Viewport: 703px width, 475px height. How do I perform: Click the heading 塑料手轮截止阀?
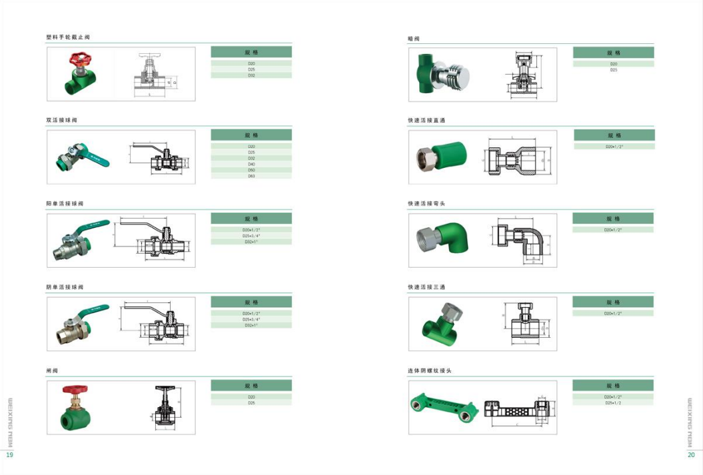pyautogui.click(x=68, y=37)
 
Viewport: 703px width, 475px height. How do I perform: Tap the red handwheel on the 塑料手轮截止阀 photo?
pyautogui.click(x=77, y=60)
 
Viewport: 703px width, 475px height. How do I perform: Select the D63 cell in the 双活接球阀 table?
pyautogui.click(x=251, y=176)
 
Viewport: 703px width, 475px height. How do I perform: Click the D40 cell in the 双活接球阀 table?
pyautogui.click(x=251, y=164)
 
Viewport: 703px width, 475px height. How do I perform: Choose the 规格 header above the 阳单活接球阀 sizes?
pyautogui.click(x=251, y=219)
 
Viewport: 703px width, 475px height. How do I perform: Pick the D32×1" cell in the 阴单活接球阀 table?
pyautogui.click(x=251, y=325)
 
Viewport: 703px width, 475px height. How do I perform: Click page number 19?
pyautogui.click(x=9, y=454)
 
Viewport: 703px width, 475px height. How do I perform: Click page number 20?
pyautogui.click(x=692, y=454)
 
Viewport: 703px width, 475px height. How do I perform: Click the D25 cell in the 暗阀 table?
pyautogui.click(x=613, y=70)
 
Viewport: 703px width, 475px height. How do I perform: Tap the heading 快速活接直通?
pyautogui.click(x=426, y=121)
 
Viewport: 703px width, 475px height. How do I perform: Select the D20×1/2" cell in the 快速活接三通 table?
pyautogui.click(x=613, y=313)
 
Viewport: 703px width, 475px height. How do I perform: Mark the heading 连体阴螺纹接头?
pyautogui.click(x=430, y=370)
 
